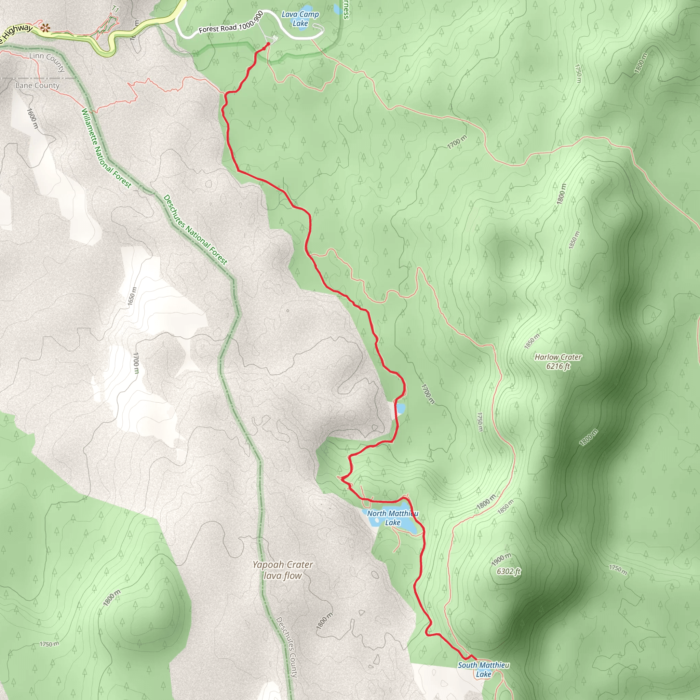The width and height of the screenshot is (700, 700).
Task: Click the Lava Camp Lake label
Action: point(300,19)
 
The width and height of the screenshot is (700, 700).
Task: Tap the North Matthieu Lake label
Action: point(392,518)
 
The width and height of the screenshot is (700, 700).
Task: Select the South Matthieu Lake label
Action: point(483,669)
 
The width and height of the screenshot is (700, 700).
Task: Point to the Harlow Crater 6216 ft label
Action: point(558,361)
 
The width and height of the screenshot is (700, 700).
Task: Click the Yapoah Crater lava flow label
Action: point(283,570)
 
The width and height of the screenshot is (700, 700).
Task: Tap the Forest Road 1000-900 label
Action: point(231,23)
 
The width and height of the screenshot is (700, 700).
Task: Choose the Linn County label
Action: point(47,61)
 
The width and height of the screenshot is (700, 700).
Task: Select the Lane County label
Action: point(37,85)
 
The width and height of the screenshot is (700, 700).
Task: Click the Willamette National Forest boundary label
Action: point(106,148)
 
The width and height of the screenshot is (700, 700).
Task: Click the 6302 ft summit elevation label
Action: point(509,571)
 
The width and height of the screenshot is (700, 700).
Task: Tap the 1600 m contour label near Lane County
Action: point(32,118)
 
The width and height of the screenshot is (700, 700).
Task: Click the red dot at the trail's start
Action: point(268,44)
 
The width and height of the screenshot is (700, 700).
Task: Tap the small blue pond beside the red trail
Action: point(400,409)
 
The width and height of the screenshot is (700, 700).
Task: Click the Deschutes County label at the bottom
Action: point(287,647)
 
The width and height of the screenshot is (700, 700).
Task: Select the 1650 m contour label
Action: point(132,296)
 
